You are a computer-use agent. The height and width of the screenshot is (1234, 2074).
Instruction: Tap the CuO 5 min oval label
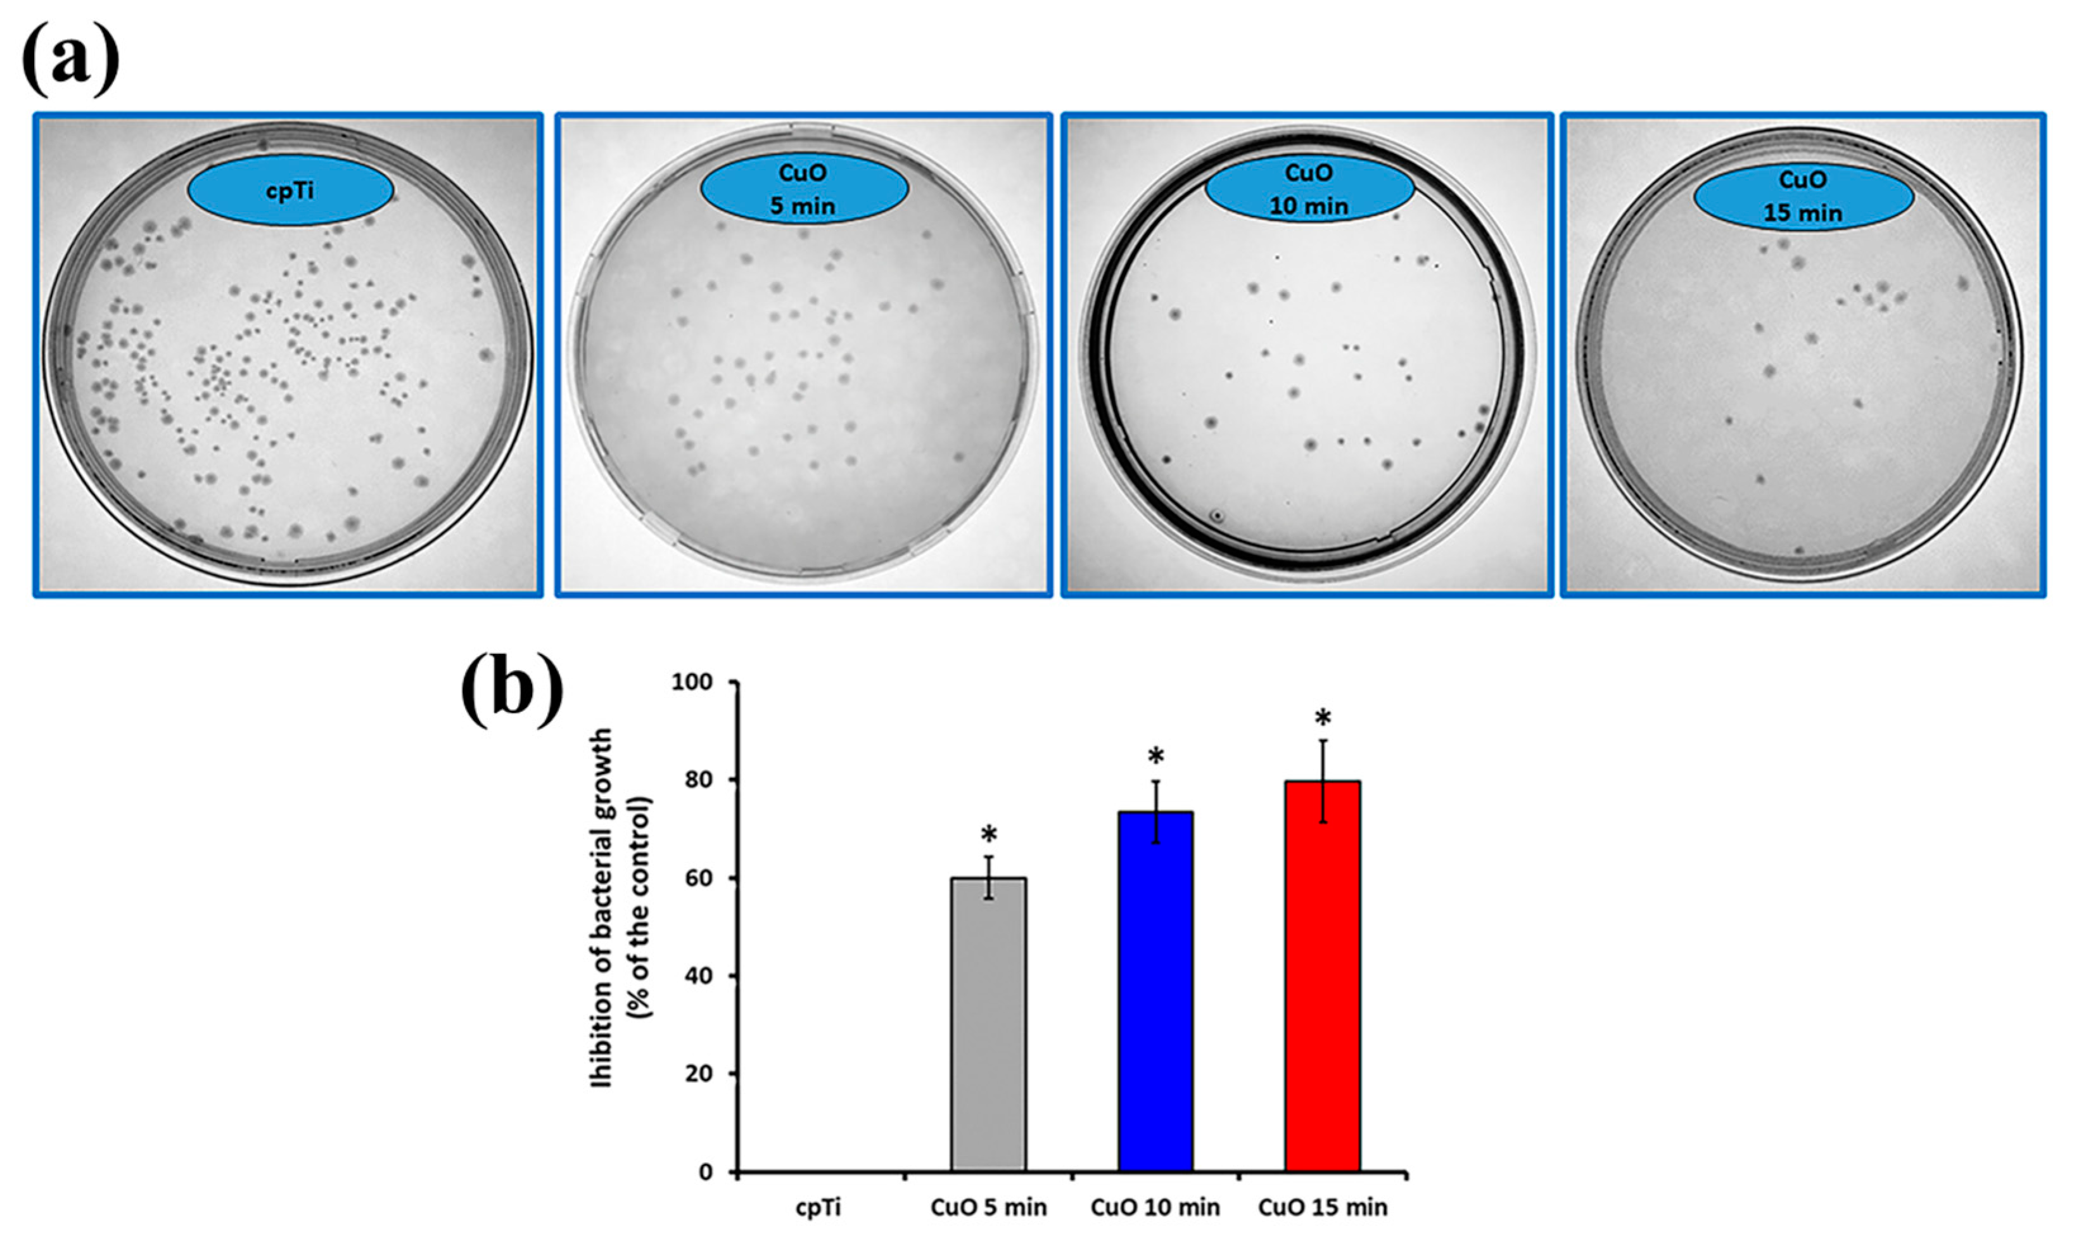[x=803, y=189]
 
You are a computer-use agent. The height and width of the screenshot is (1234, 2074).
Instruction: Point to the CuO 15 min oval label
[x=1803, y=196]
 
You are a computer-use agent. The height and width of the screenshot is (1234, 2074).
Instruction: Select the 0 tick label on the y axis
[x=706, y=1173]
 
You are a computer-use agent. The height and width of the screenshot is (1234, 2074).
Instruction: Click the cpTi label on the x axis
[x=818, y=1207]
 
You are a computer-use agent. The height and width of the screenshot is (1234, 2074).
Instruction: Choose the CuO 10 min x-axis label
[x=1155, y=1207]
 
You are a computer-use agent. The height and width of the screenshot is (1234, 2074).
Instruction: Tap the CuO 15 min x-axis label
[x=1322, y=1207]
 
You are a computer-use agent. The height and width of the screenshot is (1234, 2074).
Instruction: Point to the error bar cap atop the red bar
[x=1322, y=740]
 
